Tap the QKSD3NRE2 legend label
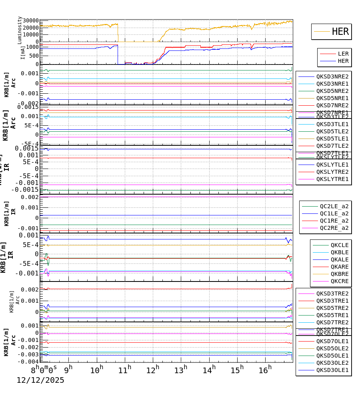point(332,76)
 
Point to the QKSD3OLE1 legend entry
point(332,370)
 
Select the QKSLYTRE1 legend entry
point(332,179)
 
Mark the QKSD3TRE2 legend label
point(332,293)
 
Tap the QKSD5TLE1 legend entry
point(332,139)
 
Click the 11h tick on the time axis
point(124,370)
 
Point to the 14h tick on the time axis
point(208,370)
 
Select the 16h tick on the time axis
point(264,370)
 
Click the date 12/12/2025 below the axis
point(40,380)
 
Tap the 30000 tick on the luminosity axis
point(31,21)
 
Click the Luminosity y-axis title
point(20,30)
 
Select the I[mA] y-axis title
point(22,53)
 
